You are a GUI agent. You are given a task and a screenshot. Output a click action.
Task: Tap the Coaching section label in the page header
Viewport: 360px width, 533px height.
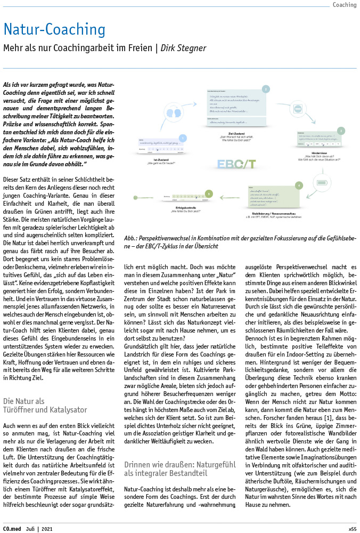point(344,5)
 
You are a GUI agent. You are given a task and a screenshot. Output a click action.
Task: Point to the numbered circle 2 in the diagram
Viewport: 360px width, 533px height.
point(266,89)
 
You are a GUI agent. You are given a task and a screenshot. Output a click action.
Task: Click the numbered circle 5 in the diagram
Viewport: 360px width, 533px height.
point(209,193)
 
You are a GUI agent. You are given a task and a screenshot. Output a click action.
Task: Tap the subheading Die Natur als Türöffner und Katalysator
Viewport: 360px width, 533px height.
point(45,405)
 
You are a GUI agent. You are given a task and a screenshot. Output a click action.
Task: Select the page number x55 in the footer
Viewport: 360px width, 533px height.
point(352,529)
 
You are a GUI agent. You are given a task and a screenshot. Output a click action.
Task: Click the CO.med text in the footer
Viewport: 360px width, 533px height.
point(12,529)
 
